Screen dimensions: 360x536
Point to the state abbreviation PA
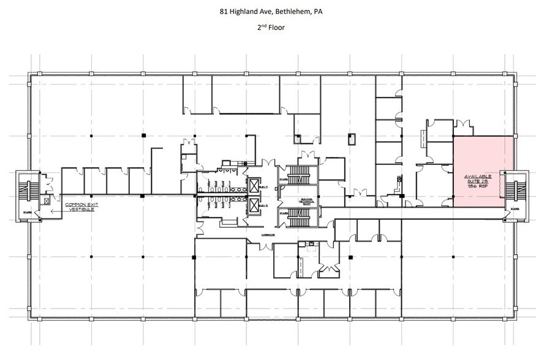pos(310,10)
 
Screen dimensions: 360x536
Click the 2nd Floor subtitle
pos(268,28)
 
